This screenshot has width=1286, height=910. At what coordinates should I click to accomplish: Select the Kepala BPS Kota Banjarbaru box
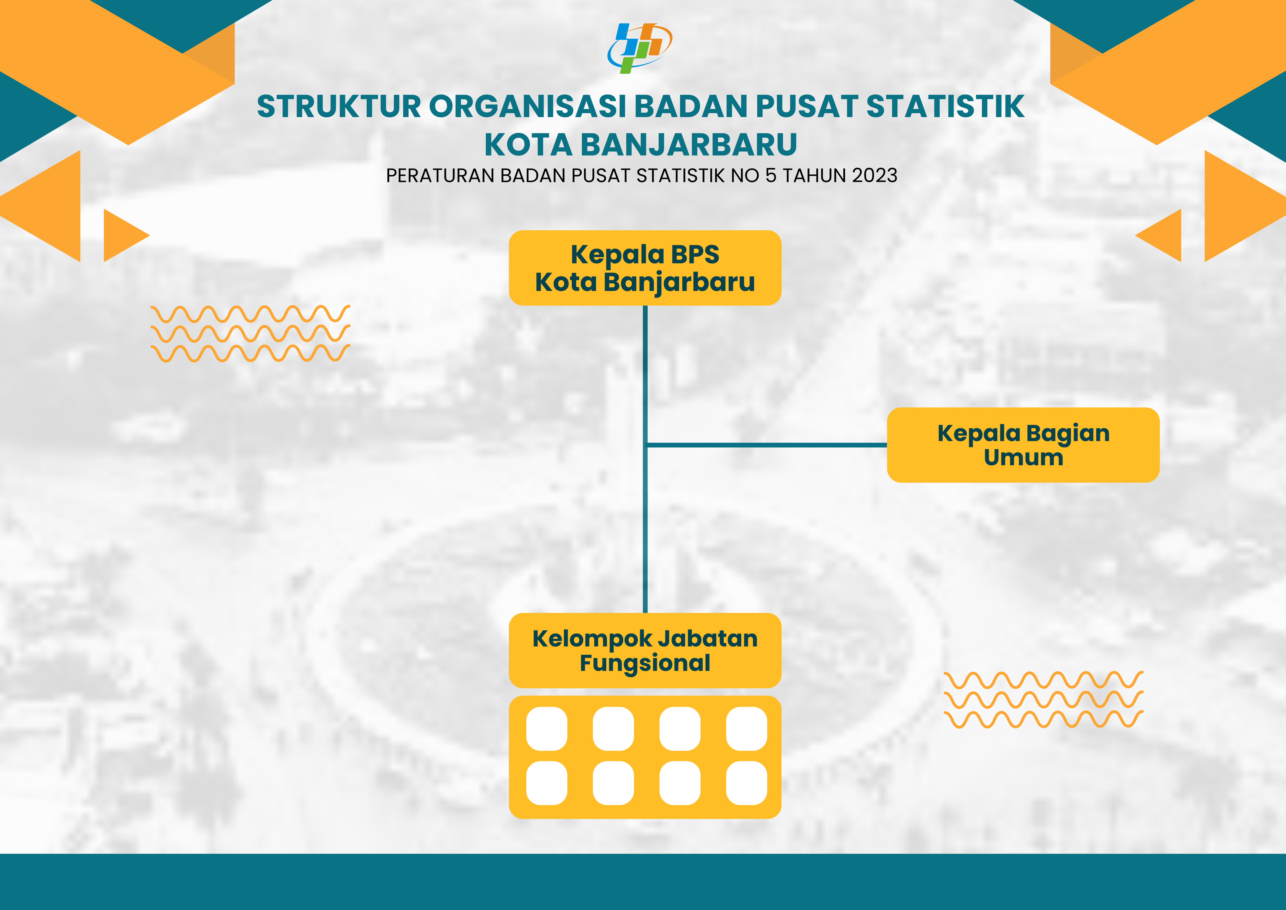tap(645, 268)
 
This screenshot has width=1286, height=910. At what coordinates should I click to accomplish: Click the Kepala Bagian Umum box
tap(1023, 445)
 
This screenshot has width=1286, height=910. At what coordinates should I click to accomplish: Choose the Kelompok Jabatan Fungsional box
tap(645, 651)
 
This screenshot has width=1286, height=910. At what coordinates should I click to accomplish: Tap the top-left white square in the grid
tap(547, 729)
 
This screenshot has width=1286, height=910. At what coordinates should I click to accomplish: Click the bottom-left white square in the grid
tap(547, 783)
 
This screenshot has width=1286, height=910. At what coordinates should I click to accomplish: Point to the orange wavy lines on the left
tap(250, 333)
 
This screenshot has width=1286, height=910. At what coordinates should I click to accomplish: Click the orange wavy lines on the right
tap(1043, 699)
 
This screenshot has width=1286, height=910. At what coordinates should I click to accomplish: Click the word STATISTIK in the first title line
tap(946, 106)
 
